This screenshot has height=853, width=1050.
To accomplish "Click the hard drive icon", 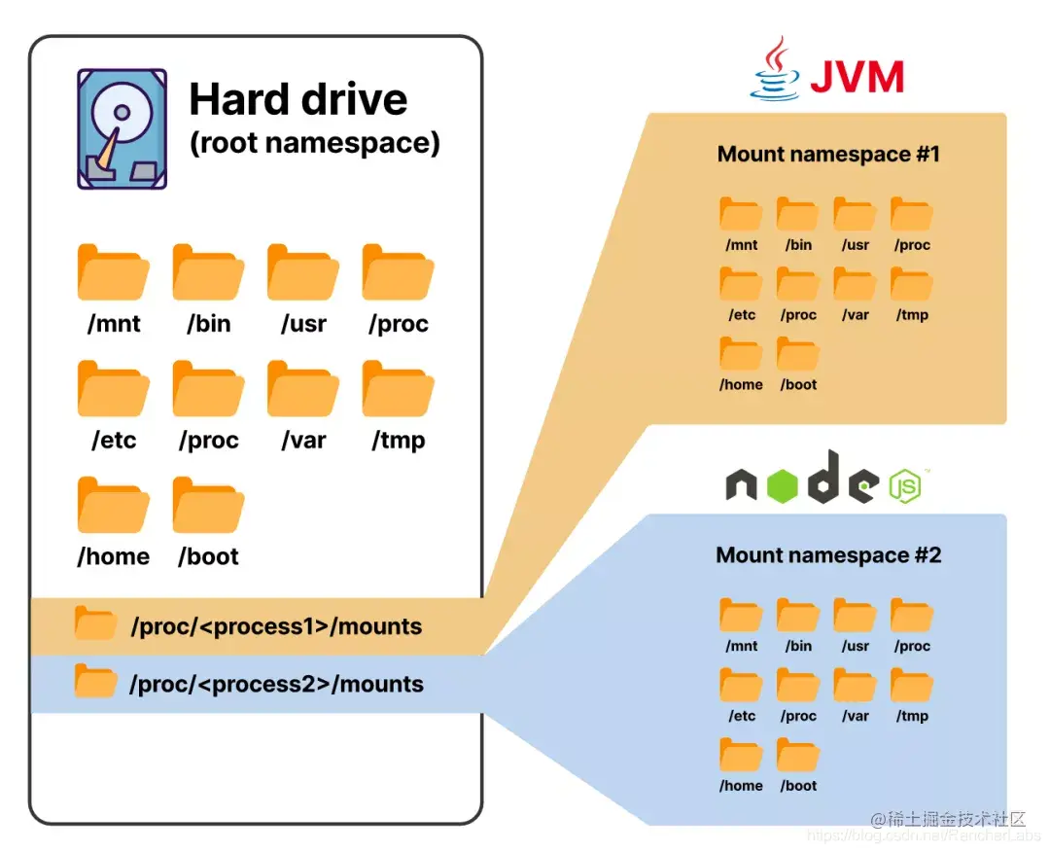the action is tap(122, 128).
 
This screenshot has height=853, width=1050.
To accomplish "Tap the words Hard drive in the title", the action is tap(298, 99).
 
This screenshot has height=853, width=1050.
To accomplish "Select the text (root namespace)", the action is tap(315, 143).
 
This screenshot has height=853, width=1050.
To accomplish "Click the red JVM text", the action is tap(857, 77).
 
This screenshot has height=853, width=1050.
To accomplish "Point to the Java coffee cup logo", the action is tap(776, 68).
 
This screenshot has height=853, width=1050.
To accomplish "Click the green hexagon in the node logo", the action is tap(782, 485).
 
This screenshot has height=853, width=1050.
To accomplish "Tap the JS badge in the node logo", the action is tap(905, 486).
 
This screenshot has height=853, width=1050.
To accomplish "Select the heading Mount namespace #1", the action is tap(828, 154).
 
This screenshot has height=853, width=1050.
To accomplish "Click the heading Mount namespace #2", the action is tap(828, 554).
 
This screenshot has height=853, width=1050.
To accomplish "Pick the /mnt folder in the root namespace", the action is tap(113, 272).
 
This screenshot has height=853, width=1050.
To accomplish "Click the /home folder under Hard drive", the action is tap(113, 505).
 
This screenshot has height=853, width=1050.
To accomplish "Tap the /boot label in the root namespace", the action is tap(208, 556).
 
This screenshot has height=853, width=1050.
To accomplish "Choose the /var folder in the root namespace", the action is tap(303, 389).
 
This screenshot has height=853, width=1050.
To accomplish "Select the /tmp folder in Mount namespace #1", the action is tap(911, 284).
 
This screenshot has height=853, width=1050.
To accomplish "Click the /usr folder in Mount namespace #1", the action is tap(855, 214).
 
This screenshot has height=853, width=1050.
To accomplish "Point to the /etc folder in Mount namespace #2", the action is tap(741, 685).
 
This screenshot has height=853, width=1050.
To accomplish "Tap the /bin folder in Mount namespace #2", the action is tap(797, 615).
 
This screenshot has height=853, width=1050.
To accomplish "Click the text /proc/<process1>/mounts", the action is tap(276, 626).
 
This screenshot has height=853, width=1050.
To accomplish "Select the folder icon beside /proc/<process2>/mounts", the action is tap(95, 681).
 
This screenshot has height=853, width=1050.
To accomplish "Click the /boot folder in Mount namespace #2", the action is tap(797, 755).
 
